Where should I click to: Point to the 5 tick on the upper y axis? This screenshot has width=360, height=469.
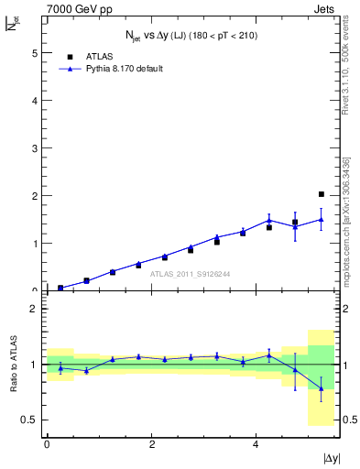point(34,53)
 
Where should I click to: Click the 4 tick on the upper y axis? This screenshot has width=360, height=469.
point(34,101)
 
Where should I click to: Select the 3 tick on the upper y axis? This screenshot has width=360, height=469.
point(34,148)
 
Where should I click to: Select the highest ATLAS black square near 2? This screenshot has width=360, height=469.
point(321,194)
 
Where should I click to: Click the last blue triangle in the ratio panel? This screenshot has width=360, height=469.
point(321,388)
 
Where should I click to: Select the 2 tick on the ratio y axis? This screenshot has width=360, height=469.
point(34,309)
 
